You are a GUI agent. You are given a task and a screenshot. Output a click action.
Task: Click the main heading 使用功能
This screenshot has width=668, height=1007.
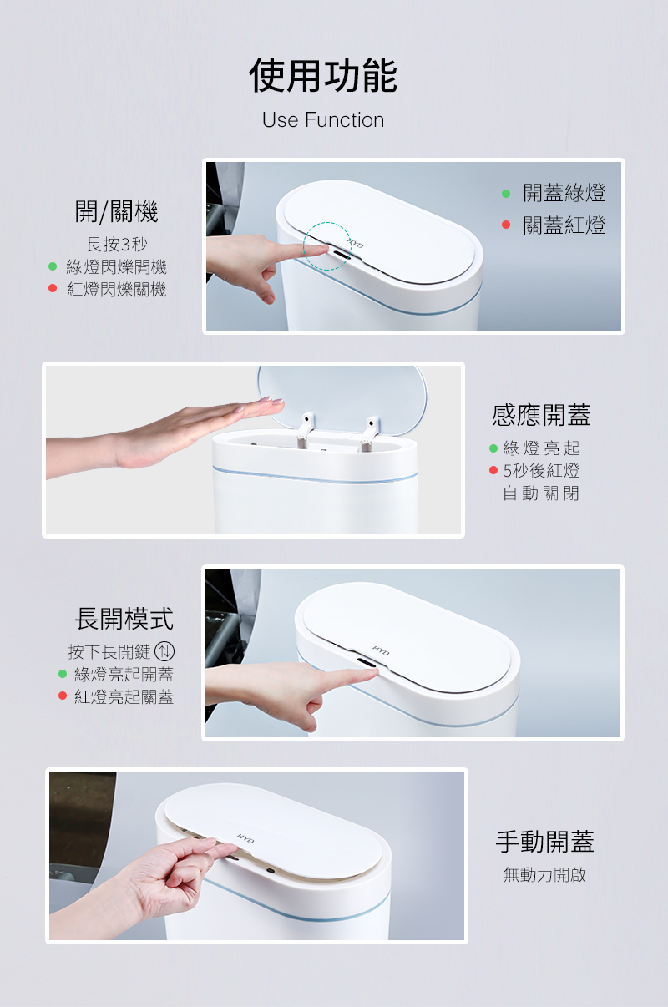click(x=323, y=75)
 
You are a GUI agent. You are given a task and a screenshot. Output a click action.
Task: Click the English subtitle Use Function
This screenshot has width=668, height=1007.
click(x=323, y=120)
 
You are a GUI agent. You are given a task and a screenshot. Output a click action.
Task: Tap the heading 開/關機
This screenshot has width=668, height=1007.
click(x=116, y=211)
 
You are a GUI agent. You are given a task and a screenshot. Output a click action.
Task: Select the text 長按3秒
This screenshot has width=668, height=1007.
click(x=116, y=244)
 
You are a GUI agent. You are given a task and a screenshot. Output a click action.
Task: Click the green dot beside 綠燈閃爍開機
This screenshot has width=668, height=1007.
click(x=53, y=266)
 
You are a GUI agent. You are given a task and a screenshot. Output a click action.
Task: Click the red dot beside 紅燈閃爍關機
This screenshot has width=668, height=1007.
click(x=53, y=288)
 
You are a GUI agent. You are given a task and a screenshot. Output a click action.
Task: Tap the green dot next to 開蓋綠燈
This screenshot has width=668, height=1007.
click(x=506, y=194)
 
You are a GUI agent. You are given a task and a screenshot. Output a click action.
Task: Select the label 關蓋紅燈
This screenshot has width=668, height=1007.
click(x=564, y=225)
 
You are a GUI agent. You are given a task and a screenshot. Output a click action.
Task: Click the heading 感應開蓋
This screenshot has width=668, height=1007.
click(x=541, y=414)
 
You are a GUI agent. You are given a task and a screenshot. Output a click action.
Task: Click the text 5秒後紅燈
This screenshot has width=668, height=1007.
click(x=541, y=471)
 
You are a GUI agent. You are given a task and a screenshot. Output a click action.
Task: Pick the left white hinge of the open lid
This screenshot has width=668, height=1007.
click(x=306, y=430)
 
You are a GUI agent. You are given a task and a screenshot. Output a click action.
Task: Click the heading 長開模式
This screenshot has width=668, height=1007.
click(x=124, y=619)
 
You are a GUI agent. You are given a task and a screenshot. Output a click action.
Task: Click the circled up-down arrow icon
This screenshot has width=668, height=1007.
click(x=164, y=651)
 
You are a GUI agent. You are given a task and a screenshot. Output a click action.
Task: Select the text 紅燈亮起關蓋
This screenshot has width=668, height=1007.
click(x=124, y=696)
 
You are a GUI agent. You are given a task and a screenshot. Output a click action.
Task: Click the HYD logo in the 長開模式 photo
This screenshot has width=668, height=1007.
click(x=382, y=650)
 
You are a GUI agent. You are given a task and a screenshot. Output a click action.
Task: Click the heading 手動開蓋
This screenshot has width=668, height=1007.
click(x=544, y=842)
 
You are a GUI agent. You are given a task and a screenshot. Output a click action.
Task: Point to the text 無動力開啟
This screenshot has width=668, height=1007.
click(x=544, y=874)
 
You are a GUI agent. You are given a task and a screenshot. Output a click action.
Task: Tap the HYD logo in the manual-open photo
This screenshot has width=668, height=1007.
click(x=245, y=838)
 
